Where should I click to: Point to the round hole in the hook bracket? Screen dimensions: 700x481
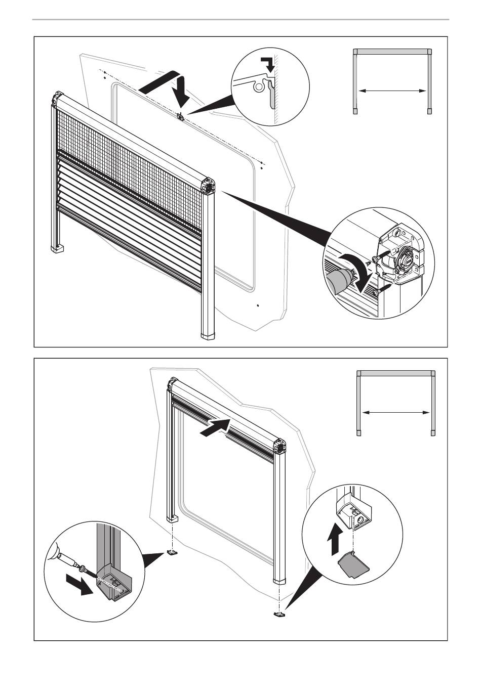[259, 86]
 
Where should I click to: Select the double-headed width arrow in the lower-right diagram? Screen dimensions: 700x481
[396, 413]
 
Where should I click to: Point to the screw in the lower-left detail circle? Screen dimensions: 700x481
[89, 572]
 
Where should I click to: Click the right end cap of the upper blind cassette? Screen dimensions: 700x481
[208, 186]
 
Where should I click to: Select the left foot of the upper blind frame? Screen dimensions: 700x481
[57, 248]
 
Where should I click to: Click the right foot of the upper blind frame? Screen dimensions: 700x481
[208, 335]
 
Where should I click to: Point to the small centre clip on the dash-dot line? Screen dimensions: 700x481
[180, 116]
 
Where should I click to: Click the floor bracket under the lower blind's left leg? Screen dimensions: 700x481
[173, 553]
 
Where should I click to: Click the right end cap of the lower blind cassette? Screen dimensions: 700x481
[278, 447]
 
